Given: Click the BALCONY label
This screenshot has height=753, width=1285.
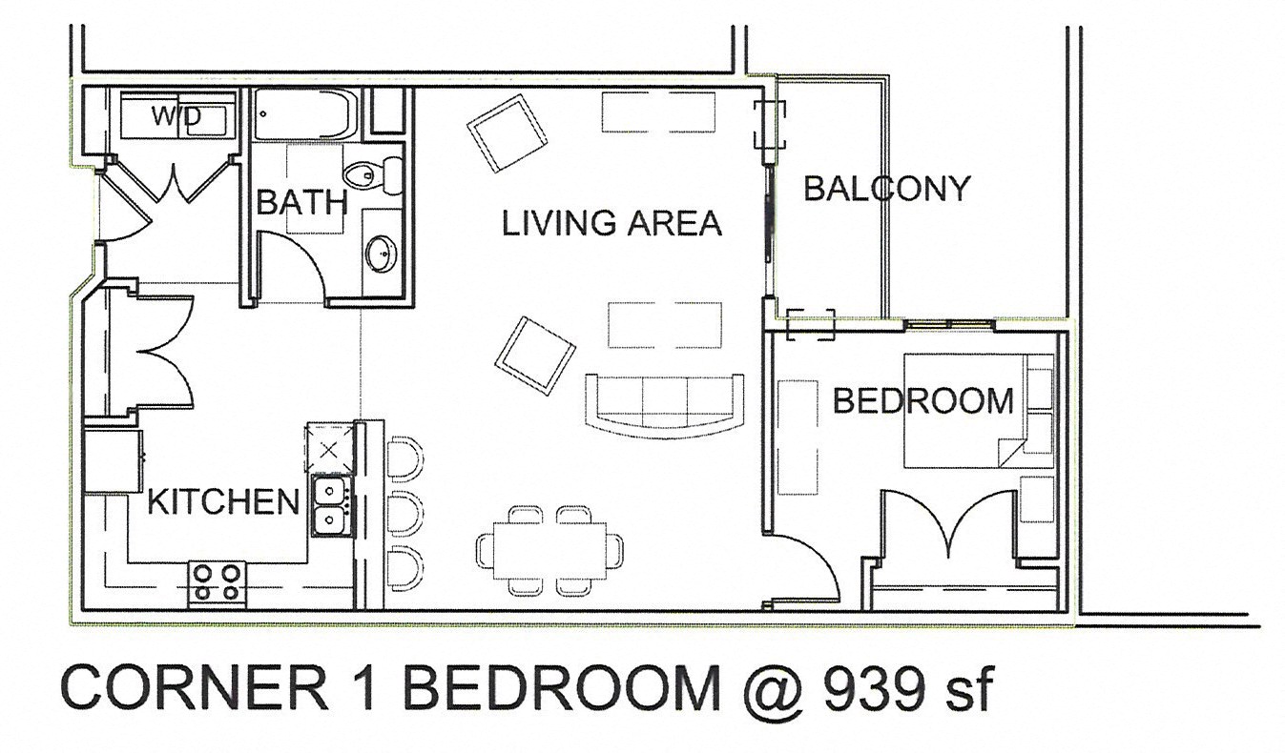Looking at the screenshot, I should [x=885, y=189].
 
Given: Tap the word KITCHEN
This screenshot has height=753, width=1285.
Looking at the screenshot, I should [x=223, y=501].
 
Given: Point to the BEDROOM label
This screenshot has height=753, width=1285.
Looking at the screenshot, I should [x=922, y=400].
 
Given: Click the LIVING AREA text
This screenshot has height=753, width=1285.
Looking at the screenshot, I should [x=611, y=223].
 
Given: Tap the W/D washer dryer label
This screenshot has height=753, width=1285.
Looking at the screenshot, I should [x=176, y=116].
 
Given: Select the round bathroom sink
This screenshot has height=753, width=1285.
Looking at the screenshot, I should [x=383, y=253].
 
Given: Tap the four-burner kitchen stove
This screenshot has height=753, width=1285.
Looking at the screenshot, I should [x=218, y=582].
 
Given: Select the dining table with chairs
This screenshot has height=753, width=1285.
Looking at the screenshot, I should [x=550, y=550].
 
